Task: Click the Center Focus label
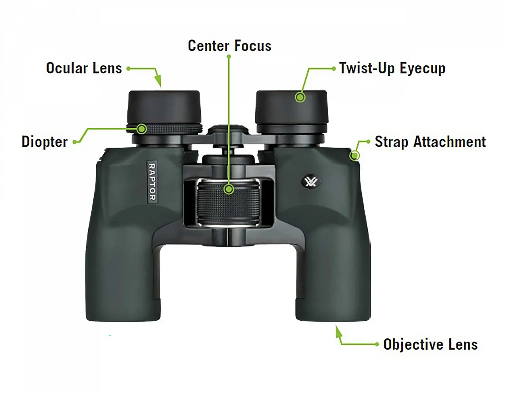click(229, 46)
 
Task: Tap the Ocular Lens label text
click(84, 68)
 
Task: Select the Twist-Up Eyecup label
click(392, 68)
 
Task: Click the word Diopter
click(45, 142)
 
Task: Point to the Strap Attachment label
click(430, 142)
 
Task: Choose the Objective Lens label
click(430, 344)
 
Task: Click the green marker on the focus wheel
click(229, 189)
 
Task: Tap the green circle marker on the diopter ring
click(142, 129)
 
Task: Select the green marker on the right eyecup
click(300, 97)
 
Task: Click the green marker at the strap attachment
click(355, 155)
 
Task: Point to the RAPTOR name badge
click(152, 182)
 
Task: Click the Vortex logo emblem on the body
click(311, 182)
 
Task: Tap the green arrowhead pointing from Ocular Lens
click(158, 81)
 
